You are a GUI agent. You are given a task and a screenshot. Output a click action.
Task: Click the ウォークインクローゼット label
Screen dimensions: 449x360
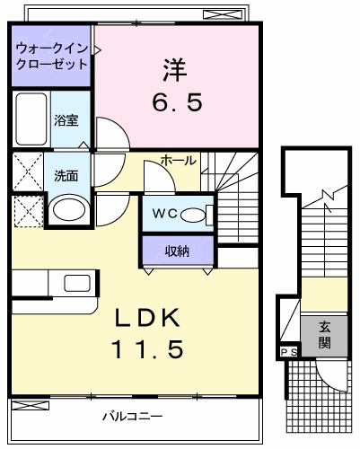[x=51, y=56]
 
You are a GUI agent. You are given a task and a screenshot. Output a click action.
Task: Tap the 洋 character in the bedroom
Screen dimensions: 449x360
[x=174, y=68]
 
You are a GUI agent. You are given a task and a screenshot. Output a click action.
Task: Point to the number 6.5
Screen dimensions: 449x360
[x=176, y=101]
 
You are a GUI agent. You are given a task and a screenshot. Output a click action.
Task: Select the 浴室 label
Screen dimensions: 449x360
[x=65, y=119]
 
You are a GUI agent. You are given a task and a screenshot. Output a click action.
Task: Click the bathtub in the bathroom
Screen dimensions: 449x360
[x=31, y=119]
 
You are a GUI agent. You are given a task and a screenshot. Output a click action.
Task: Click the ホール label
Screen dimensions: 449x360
[x=179, y=160]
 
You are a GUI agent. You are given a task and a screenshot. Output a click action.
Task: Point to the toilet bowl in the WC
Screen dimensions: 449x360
[x=194, y=214]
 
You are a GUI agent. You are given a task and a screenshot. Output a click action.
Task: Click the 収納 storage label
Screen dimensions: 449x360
[x=177, y=251]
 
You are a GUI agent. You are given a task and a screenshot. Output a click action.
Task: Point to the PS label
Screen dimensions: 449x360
[x=287, y=354]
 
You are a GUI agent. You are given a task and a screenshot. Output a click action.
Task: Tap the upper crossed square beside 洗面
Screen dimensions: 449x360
[x=26, y=171]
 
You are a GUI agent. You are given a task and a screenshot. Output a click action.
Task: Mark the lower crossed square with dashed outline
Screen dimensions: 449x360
[x=26, y=211]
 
